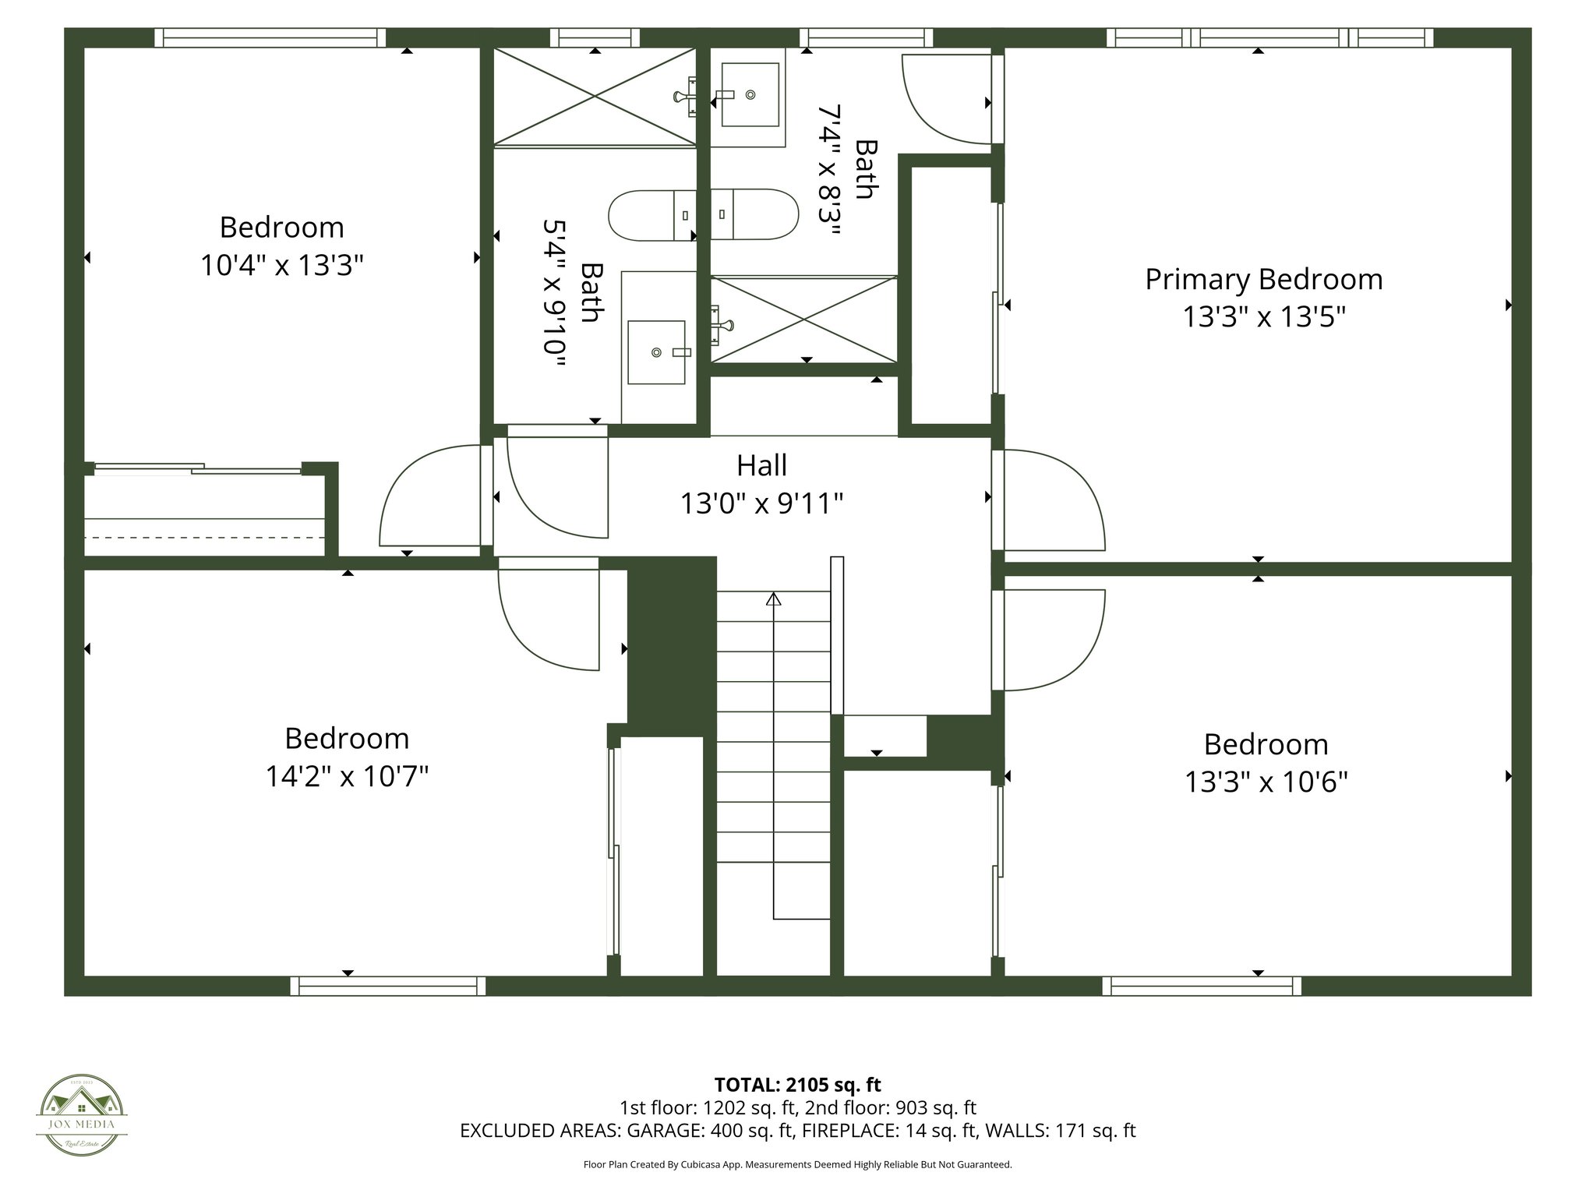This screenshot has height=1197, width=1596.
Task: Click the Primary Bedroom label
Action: [1263, 279]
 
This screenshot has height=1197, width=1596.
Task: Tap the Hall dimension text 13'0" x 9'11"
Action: [761, 503]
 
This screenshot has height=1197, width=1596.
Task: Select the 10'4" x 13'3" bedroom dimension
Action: [282, 265]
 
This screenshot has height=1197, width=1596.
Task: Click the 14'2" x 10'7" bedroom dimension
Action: [347, 776]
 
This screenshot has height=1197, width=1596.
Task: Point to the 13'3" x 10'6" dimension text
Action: [1266, 782]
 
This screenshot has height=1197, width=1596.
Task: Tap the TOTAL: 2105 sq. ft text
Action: [797, 1084]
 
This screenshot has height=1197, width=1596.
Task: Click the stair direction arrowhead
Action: [773, 598]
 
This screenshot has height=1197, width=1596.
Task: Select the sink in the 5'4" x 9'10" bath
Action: [656, 352]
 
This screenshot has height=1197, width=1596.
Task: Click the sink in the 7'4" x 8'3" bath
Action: [750, 94]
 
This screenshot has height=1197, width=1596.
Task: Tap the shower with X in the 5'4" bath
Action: [595, 96]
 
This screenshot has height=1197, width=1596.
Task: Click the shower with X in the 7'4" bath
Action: [803, 319]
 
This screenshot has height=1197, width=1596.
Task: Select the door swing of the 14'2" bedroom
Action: [549, 616]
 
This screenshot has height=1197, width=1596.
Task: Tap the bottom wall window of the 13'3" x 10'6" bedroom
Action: [1201, 986]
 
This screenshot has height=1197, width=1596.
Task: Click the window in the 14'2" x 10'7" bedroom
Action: [388, 986]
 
